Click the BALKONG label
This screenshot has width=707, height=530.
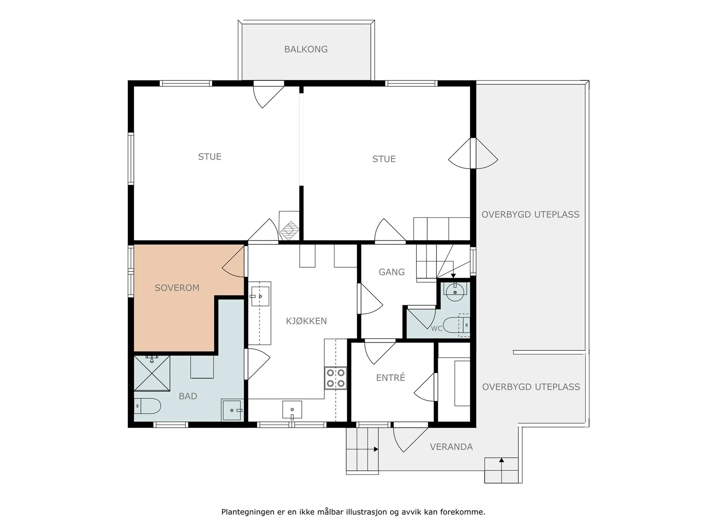306,49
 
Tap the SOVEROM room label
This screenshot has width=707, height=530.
177,288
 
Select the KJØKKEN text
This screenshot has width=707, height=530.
306,321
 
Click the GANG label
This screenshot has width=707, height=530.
392,272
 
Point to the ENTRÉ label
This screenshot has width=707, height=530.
390,377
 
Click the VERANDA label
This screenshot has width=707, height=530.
451,447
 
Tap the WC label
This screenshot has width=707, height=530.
437,329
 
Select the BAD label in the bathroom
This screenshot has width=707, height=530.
188,396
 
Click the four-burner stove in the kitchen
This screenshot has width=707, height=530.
336,378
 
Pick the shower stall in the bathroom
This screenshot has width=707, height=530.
152,373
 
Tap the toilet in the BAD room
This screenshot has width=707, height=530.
147,406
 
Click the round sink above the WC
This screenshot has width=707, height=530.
455,291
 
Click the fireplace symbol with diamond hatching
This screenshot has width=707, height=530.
289,230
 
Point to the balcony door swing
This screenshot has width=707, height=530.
269,95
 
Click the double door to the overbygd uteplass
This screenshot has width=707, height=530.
473,154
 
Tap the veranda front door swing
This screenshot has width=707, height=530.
411,439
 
